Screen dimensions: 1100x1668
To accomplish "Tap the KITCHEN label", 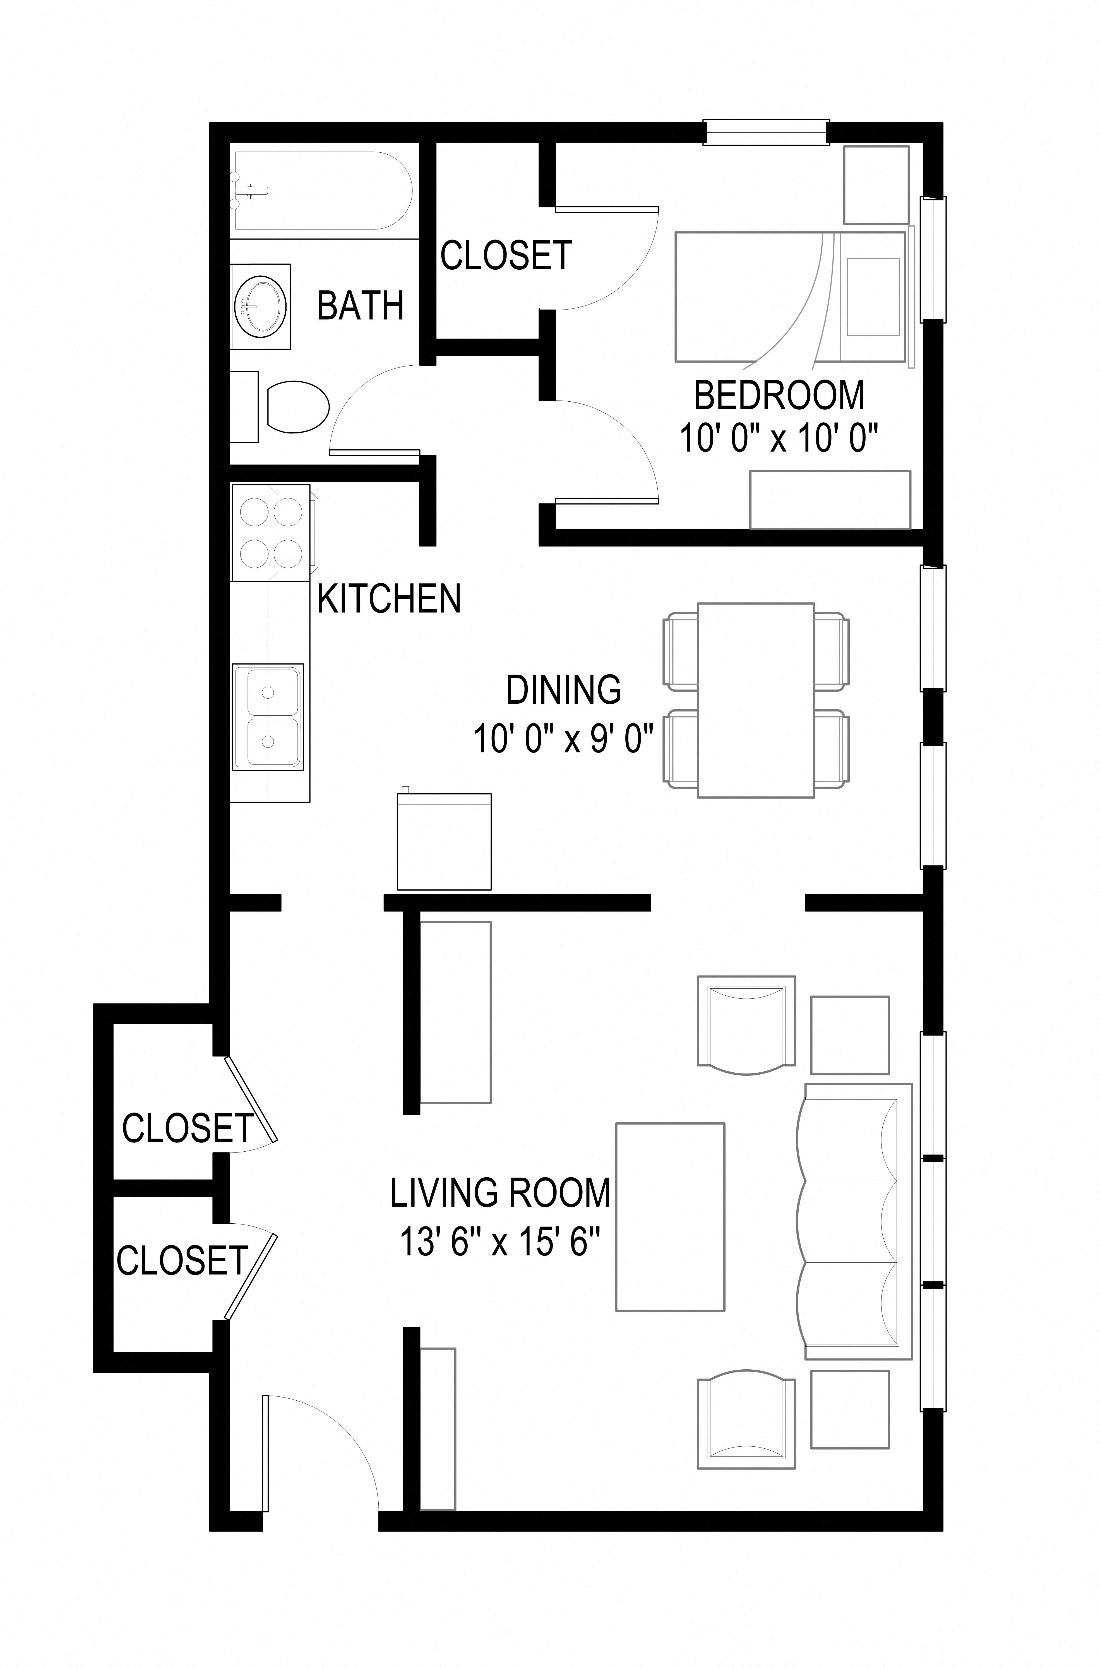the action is pyautogui.click(x=389, y=599).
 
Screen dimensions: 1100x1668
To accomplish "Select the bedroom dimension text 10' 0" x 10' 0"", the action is pyautogui.click(x=779, y=440).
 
